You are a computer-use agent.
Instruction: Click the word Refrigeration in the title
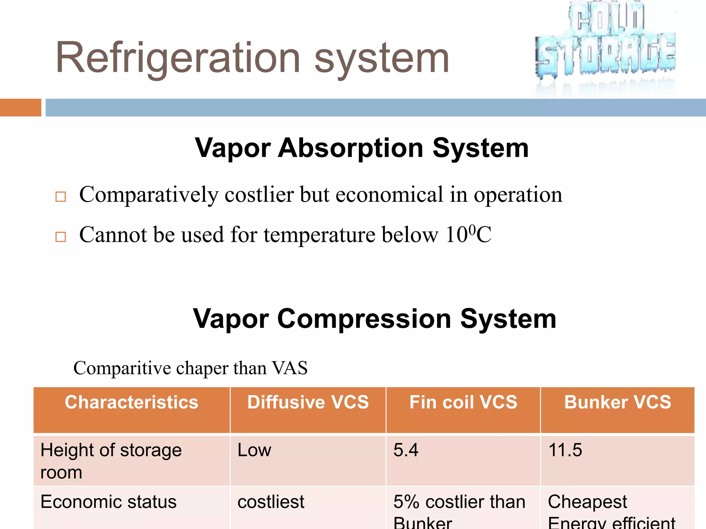pos(178,58)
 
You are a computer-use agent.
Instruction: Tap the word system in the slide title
pos(382,58)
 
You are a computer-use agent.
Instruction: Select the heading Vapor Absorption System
pos(362,148)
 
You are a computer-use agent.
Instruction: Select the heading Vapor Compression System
pos(374,319)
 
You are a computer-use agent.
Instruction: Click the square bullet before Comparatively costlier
pos(61,197)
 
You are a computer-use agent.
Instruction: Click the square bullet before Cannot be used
pos(61,237)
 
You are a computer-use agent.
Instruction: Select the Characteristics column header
pos(131,402)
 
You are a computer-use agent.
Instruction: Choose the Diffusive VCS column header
pos(308,402)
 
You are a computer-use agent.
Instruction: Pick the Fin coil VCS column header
pos(463,402)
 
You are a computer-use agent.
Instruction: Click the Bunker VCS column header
pos(617,402)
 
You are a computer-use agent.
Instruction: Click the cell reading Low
pos(254,450)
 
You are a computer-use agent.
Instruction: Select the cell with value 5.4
pos(406,450)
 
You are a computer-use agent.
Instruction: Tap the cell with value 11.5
pos(565,450)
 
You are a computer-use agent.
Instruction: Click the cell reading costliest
pos(271,502)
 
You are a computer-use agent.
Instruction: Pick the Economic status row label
pos(108,502)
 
